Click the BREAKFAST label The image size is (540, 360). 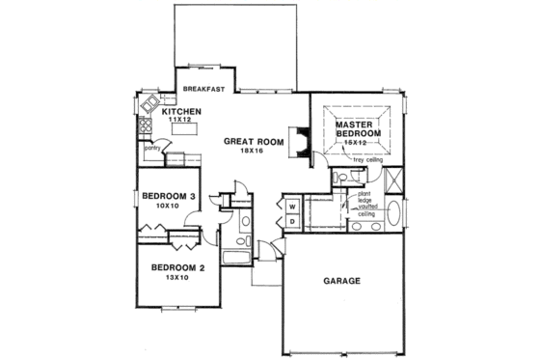203,90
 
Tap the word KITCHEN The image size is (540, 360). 181,113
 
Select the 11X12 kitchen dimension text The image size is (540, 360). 179,122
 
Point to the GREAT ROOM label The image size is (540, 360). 254,142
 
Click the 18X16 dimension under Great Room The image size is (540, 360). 253,152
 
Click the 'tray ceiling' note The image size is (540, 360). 368,159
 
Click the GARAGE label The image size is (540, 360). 340,281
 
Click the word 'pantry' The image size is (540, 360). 151,149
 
